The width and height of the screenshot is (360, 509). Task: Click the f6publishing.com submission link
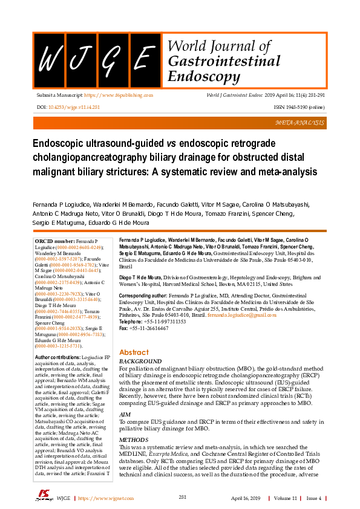(118, 96)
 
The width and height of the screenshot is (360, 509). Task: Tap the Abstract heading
(134, 352)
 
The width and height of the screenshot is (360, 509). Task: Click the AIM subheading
(125, 397)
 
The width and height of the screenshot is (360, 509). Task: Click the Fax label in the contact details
(124, 328)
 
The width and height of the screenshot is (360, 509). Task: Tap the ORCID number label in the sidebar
(55, 241)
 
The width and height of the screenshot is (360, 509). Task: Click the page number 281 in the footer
(182, 497)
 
